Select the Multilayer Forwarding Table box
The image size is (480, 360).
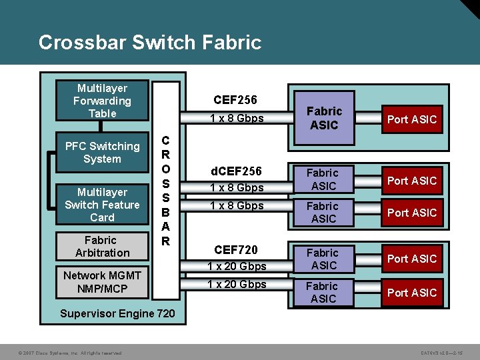click(x=102, y=101)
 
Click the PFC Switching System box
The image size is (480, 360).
click(x=102, y=153)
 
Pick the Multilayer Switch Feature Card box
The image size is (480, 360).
click(x=102, y=205)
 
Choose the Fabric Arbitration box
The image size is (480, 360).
click(x=102, y=246)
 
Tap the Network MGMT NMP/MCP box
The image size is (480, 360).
click(x=102, y=282)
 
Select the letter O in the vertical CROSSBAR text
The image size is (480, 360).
click(x=165, y=169)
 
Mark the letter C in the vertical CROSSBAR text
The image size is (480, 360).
click(x=165, y=141)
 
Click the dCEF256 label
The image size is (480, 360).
click(x=237, y=171)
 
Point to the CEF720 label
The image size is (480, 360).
click(x=235, y=250)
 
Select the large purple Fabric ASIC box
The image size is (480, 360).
click(x=324, y=118)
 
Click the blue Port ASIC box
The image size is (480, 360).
click(x=411, y=119)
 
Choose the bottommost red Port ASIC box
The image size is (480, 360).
click(x=411, y=292)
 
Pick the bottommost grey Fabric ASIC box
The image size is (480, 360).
click(x=323, y=292)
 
